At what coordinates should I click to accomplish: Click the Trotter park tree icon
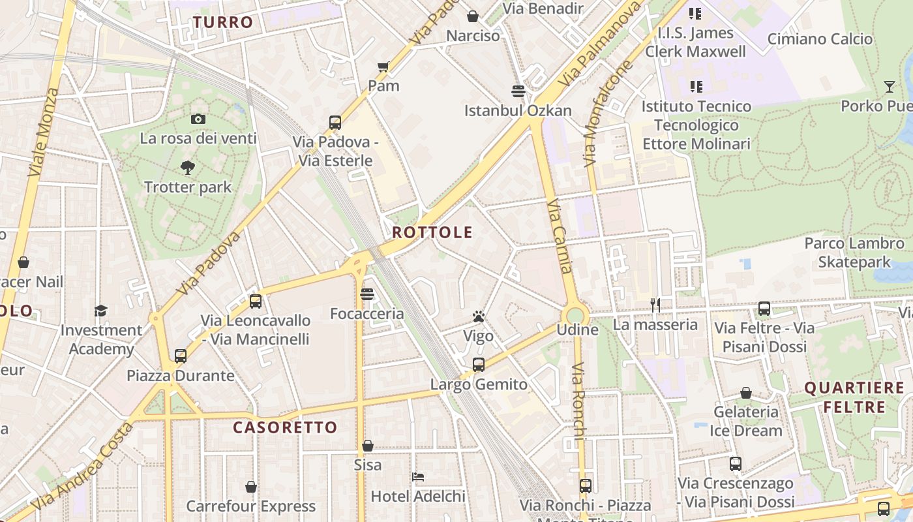[x=188, y=168]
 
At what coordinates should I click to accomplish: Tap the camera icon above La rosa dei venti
[x=198, y=119]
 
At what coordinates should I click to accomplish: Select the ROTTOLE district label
[x=432, y=232]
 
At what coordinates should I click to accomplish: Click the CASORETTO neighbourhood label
[x=286, y=427]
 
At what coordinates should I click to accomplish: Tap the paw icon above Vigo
[x=479, y=317]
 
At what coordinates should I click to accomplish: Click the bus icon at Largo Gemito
[x=479, y=364]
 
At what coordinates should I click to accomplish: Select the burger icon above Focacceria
[x=367, y=294]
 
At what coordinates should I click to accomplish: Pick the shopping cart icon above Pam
[x=383, y=66]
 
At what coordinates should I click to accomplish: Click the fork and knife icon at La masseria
[x=655, y=305]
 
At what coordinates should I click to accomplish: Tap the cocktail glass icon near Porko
[x=889, y=86]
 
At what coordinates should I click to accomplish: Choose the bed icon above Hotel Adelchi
[x=418, y=477]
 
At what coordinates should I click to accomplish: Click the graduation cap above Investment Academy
[x=100, y=311]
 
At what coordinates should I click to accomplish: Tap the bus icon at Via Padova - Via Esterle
[x=335, y=122]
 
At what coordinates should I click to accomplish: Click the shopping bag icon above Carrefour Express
[x=251, y=487]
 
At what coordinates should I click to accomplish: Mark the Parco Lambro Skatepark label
[x=854, y=253]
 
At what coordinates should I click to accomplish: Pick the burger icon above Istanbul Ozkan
[x=518, y=91]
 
